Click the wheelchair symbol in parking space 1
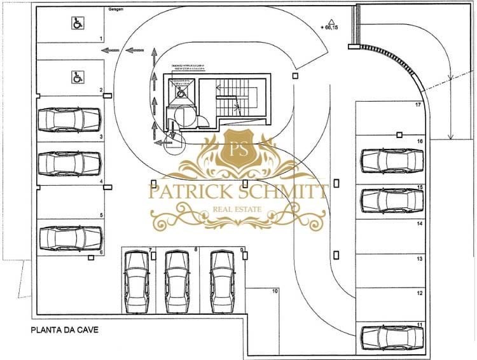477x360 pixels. [76, 24]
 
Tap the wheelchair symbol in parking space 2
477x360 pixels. [76, 78]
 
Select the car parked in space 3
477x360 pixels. [70, 118]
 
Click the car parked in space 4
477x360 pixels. [70, 163]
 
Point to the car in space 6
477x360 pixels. [70, 237]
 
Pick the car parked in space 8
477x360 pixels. [178, 281]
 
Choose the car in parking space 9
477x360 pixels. [223, 281]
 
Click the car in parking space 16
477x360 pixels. [392, 161]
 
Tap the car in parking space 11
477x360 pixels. [392, 336]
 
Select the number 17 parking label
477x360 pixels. [418, 104]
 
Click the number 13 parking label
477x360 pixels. [419, 260]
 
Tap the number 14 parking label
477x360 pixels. [419, 224]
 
